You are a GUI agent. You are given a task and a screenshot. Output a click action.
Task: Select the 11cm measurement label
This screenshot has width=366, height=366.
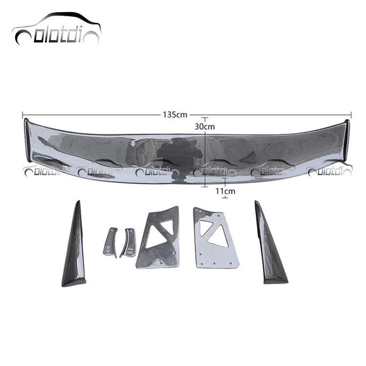tap(224, 191)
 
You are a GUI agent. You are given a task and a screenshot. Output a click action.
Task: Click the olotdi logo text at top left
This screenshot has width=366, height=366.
tap(56, 37)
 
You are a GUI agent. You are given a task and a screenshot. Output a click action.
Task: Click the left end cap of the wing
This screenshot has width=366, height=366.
tap(28, 139)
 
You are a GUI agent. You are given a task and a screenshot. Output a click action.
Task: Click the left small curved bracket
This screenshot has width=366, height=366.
tap(111, 240)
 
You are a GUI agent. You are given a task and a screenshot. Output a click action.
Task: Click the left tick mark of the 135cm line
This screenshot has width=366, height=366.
tap(23, 115)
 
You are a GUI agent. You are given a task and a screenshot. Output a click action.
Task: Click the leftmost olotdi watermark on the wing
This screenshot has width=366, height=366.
tap(41, 171)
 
